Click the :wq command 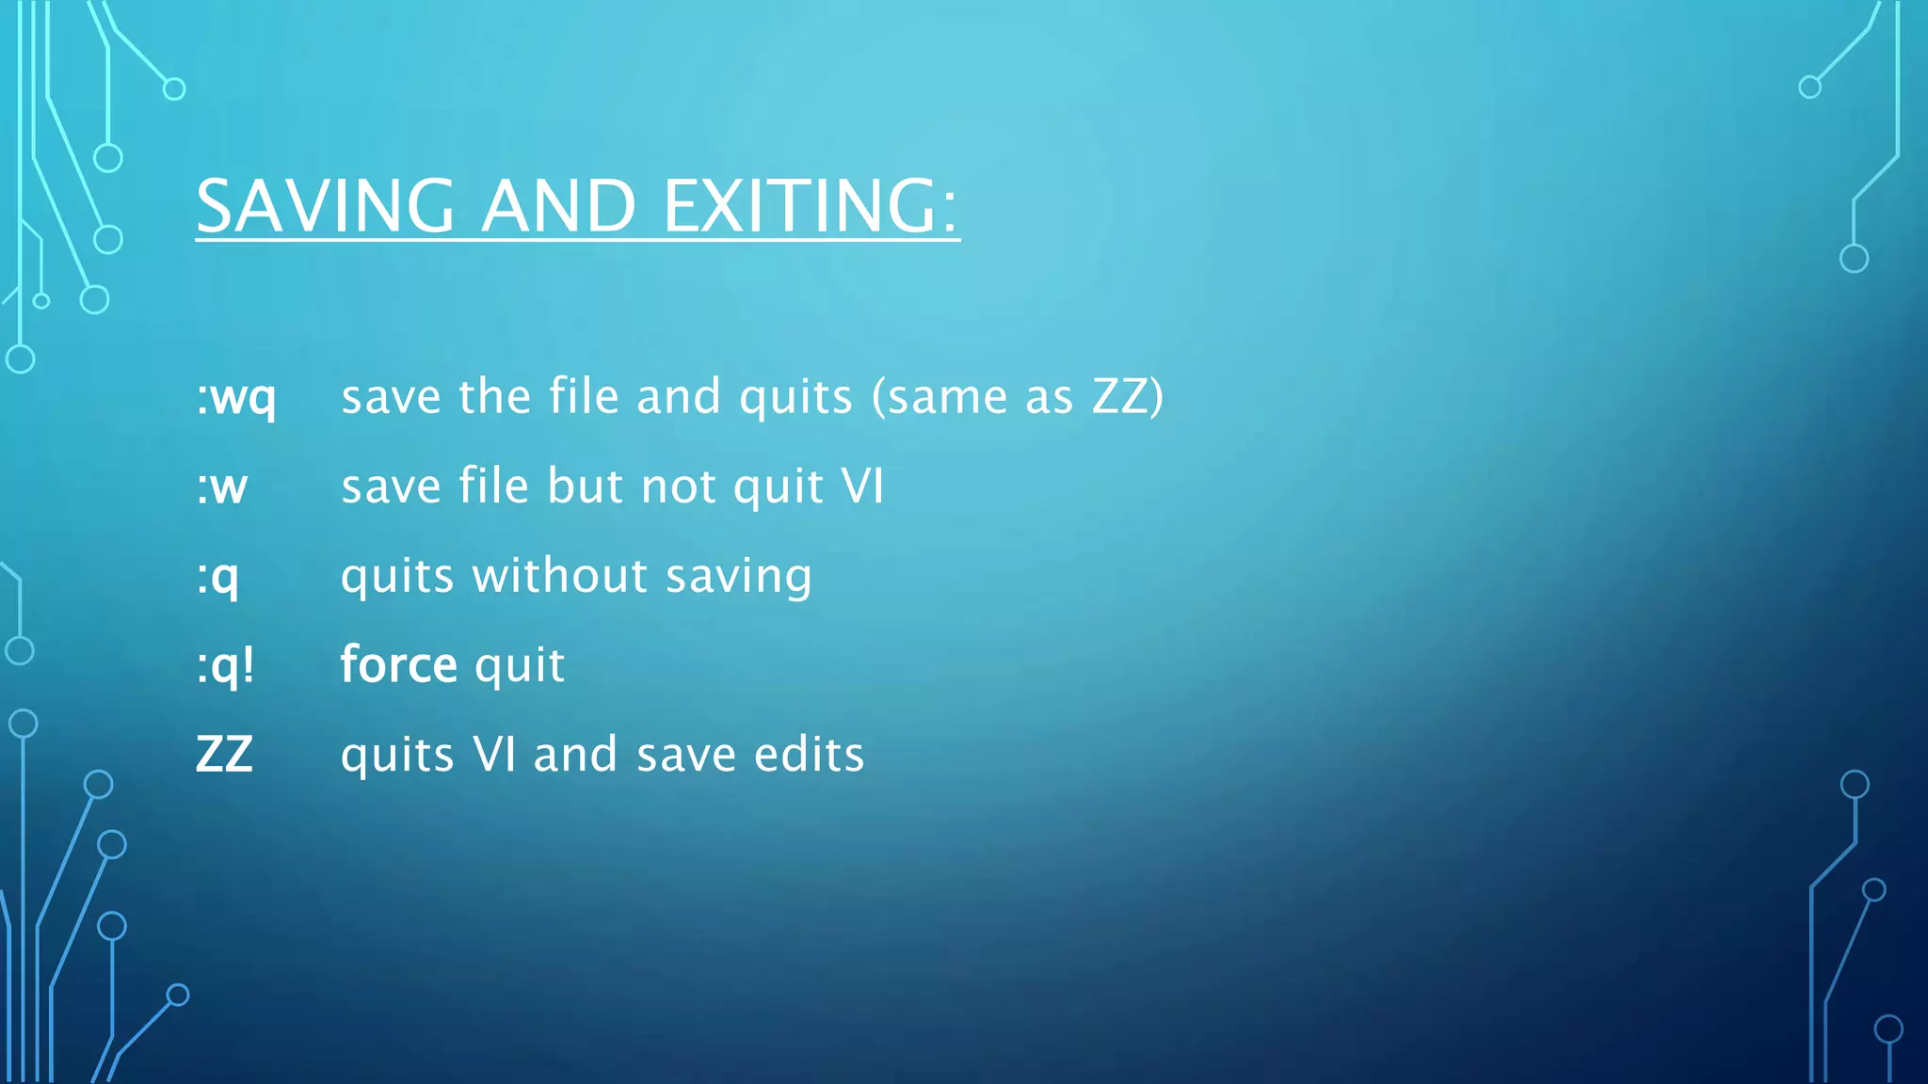point(235,397)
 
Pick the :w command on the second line point(222,486)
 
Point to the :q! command point(225,666)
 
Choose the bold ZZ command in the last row point(224,755)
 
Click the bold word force point(399,664)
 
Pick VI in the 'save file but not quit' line point(862,486)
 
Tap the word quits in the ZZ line point(397,756)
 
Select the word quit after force point(520,666)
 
